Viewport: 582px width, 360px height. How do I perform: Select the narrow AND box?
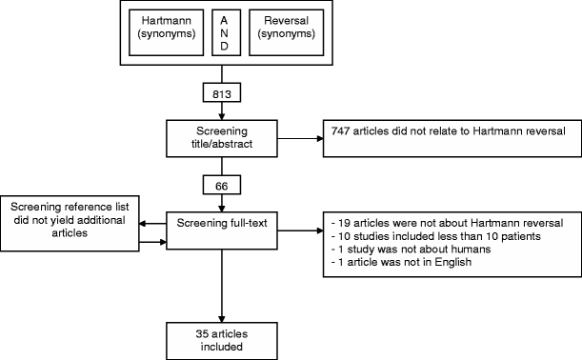click(224, 32)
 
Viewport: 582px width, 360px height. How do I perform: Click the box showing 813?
click(224, 93)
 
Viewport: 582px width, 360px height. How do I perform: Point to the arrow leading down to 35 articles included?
click(224, 286)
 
